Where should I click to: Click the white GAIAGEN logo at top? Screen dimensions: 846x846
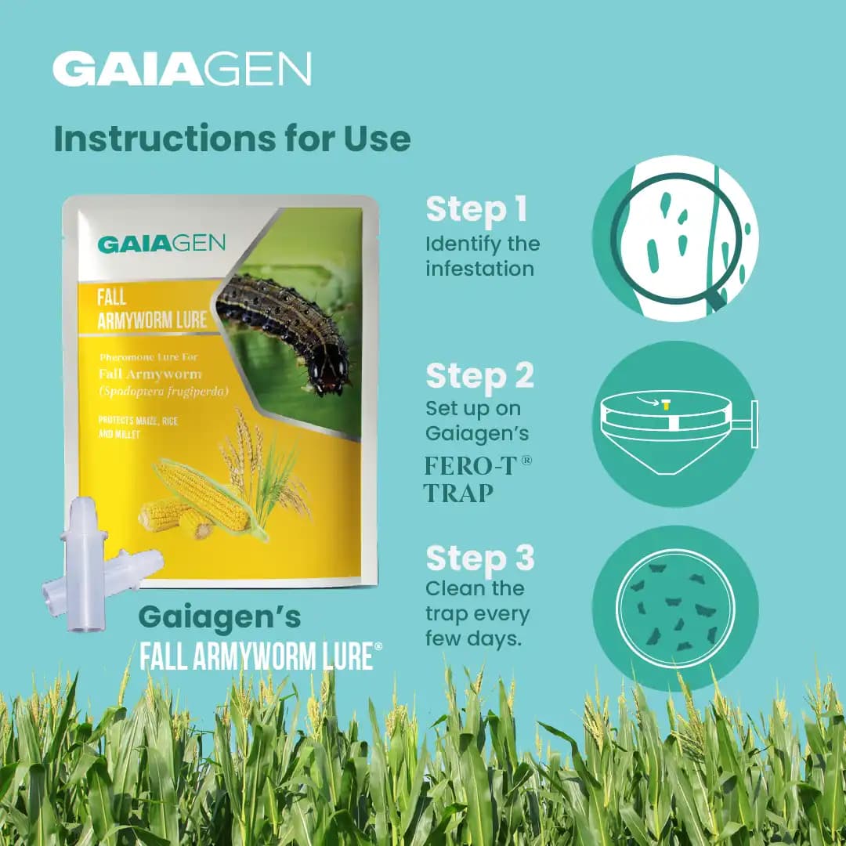182,70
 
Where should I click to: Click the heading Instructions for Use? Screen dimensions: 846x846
232,139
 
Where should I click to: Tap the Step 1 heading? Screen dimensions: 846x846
476,210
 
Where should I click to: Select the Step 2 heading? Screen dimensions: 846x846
479,376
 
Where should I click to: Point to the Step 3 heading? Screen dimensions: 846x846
479,559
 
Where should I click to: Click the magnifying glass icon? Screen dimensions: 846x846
675,238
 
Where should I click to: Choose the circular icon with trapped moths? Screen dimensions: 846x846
675,608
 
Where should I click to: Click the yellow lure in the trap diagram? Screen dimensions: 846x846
666,405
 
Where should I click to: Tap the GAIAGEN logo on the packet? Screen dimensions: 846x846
161,243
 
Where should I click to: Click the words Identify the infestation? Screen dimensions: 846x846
483,255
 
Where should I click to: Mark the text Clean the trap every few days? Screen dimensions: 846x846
477,613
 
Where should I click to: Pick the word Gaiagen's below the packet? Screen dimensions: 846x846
219,617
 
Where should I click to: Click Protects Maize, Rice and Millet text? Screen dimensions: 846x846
138,427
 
